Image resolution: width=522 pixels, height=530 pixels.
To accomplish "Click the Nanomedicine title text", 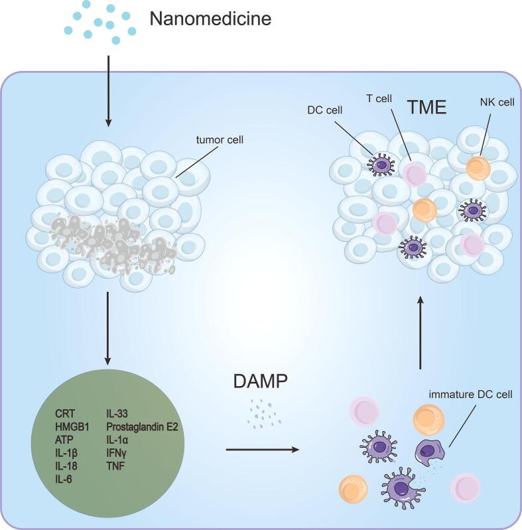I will pyautogui.click(x=210, y=19).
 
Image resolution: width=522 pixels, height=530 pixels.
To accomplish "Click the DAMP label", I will pyautogui.click(x=261, y=381).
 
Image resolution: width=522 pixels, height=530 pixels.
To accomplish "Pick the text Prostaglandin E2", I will pyautogui.click(x=142, y=427).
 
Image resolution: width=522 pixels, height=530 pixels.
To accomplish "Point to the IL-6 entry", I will pyautogui.click(x=65, y=478).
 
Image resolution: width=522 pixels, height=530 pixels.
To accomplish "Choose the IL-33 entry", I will pyautogui.click(x=118, y=415).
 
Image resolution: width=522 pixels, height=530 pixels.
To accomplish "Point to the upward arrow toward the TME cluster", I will pyautogui.click(x=420, y=332).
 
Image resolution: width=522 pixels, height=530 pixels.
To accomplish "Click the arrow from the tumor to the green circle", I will pyautogui.click(x=109, y=332).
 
